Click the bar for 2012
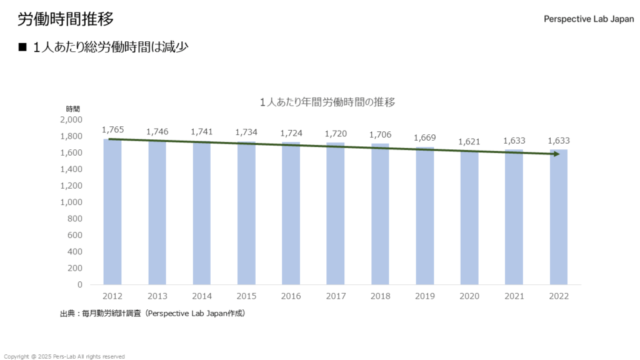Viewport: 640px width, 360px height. [112, 212]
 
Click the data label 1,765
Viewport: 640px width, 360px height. [112, 130]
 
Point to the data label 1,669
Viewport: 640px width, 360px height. [425, 138]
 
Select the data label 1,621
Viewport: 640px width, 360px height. [469, 142]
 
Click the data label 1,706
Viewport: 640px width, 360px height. [380, 135]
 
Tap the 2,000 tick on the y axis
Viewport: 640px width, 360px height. [71, 120]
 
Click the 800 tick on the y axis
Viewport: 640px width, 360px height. [75, 219]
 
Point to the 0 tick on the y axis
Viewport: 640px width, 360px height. [79, 285]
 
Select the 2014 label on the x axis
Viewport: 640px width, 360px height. [202, 296]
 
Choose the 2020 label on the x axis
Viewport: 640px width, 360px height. [469, 296]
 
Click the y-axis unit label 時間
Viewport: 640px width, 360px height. [73, 109]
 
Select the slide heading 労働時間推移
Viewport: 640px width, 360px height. [66, 19]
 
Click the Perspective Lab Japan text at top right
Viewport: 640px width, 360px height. [589, 19]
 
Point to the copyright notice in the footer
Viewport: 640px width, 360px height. [64, 356]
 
